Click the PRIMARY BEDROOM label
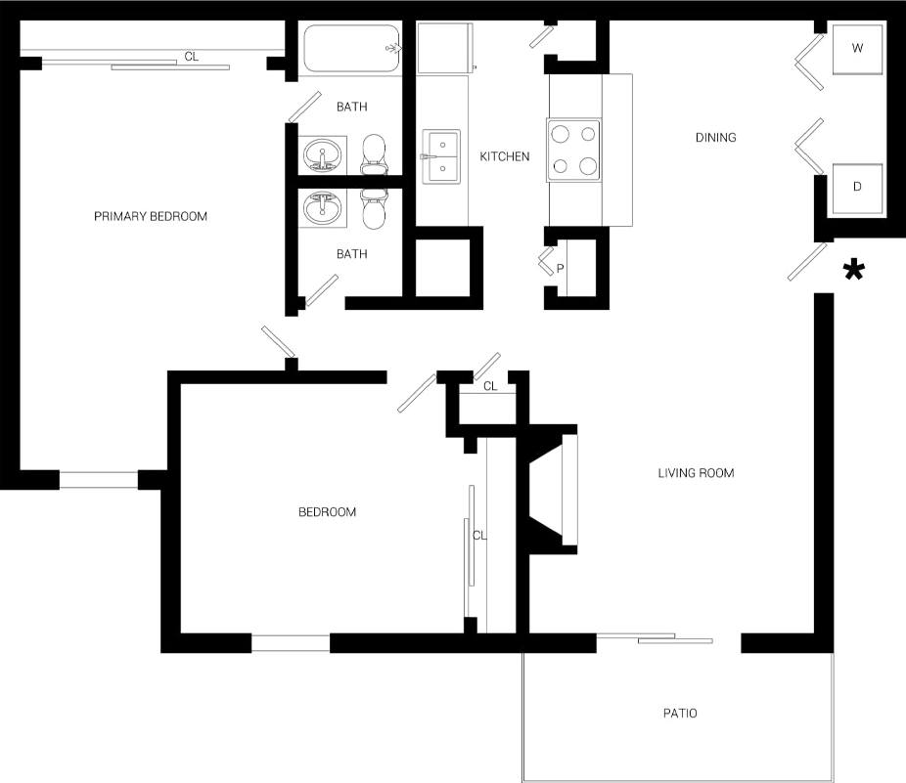pyautogui.click(x=151, y=216)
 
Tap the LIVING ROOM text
pyautogui.click(x=696, y=473)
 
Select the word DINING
pyautogui.click(x=715, y=138)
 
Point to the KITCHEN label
pyautogui.click(x=505, y=156)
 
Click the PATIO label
pyautogui.click(x=680, y=714)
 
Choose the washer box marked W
pyautogui.click(x=857, y=48)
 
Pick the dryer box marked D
pyautogui.click(x=857, y=186)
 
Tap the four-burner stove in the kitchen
pyautogui.click(x=573, y=151)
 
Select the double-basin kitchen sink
pyautogui.click(x=442, y=156)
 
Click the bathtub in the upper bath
pyautogui.click(x=352, y=49)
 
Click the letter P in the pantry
pyautogui.click(x=561, y=267)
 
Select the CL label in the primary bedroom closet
pyautogui.click(x=192, y=57)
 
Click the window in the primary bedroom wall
pyautogui.click(x=99, y=480)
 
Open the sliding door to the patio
pyautogui.click(x=656, y=640)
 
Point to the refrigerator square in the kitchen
pyautogui.click(x=446, y=49)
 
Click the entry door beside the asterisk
pyautogui.click(x=806, y=263)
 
